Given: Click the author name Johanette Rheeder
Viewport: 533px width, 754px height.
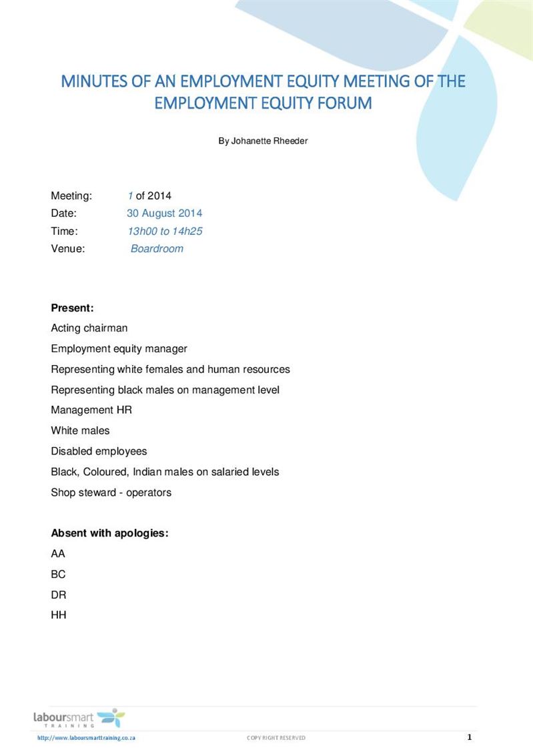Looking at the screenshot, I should [x=270, y=141].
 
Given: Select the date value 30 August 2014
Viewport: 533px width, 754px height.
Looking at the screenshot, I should [x=164, y=214].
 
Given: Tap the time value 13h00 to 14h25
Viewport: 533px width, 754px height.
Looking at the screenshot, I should [x=165, y=231].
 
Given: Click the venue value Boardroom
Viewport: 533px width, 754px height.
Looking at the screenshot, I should [x=157, y=249].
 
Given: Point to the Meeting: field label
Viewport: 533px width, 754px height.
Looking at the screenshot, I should [x=71, y=196].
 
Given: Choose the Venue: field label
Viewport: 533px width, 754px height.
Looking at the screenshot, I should [x=68, y=249].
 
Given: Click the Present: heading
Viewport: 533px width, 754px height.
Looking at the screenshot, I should [x=72, y=308].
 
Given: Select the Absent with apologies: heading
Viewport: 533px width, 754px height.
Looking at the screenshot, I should [x=109, y=533].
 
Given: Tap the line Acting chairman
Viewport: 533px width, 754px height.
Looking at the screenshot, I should [x=89, y=328].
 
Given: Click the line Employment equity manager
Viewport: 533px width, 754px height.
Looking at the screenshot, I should [x=119, y=348].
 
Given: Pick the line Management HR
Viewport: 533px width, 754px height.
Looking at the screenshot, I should [x=91, y=410].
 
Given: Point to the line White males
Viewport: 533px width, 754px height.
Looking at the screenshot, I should [x=80, y=430].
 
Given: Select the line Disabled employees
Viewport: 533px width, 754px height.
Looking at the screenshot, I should [x=99, y=451].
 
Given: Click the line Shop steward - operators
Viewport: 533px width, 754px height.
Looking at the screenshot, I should [x=111, y=492].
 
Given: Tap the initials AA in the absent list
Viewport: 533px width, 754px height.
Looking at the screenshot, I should [x=58, y=554].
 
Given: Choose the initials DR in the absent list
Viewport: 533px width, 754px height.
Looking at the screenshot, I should [x=59, y=595].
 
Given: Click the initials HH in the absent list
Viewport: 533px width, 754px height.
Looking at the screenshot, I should [x=59, y=615].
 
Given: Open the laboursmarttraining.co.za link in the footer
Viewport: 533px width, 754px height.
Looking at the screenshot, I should [x=87, y=738].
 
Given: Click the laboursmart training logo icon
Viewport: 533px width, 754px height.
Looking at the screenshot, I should [x=110, y=718].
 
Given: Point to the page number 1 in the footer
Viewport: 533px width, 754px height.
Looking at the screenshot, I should [x=469, y=737].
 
